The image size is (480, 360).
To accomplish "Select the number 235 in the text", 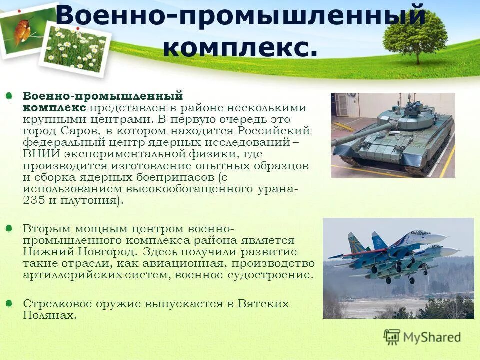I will tap(33, 200).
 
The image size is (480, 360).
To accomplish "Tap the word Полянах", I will tap(49, 315).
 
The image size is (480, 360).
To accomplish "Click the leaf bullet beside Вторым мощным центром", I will tap(9, 228).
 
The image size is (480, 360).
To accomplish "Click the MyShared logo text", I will tap(432, 337).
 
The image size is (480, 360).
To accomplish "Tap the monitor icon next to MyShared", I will tap(392, 337).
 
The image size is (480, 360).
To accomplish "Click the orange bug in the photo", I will tap(22, 30).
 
